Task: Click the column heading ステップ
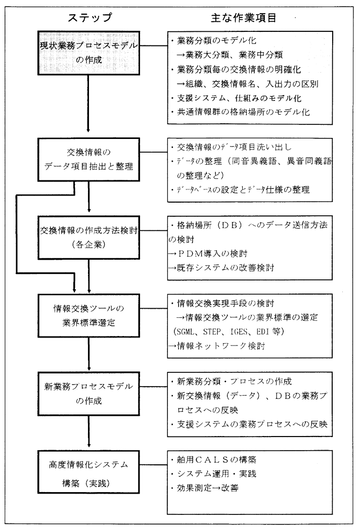click(89, 17)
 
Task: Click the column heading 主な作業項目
click(247, 17)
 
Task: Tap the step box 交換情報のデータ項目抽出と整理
click(89, 160)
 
